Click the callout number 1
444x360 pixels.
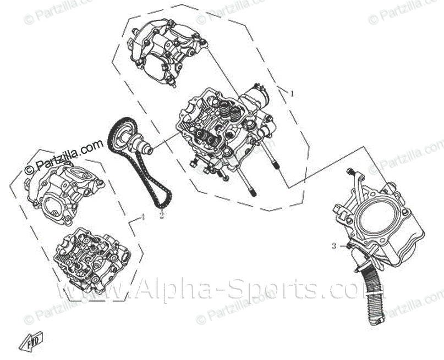pos(292,93)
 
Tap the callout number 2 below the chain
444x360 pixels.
pos(162,215)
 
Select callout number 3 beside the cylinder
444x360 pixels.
pos(333,246)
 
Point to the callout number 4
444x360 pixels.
pos(142,217)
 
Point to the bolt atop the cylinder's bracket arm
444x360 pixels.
pos(352,173)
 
